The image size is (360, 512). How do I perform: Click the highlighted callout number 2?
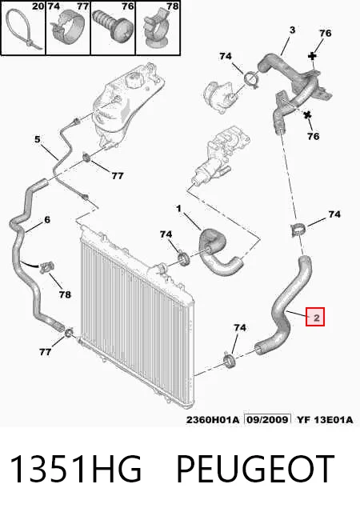[x=316, y=317]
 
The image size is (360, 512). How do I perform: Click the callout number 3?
[x=292, y=30]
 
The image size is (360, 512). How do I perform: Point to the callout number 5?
[x=38, y=139]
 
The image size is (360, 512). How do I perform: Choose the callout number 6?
[x=47, y=220]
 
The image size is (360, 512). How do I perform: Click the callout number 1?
[x=178, y=208]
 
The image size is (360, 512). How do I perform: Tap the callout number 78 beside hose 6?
[x=65, y=294]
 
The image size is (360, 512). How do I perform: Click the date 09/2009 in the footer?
[x=267, y=419]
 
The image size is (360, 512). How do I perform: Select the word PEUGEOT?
[x=255, y=469]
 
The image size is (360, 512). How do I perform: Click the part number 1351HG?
[x=76, y=469]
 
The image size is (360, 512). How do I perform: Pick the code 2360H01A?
[x=213, y=419]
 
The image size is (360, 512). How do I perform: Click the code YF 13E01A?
[x=325, y=419]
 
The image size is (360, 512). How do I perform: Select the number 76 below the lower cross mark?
[x=313, y=136]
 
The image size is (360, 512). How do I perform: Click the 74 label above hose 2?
[x=334, y=214]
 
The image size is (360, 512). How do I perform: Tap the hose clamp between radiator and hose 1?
[x=185, y=258]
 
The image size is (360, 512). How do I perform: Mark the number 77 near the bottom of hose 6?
[x=45, y=352]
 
